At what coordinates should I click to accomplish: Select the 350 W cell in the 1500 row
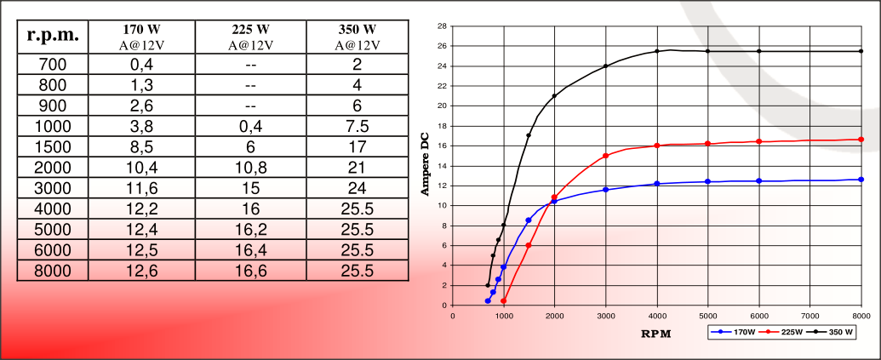coord(357,146)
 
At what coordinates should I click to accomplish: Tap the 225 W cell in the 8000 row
coord(249,271)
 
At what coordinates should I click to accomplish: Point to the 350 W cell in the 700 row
coord(357,64)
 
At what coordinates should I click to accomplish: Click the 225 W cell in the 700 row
coord(249,64)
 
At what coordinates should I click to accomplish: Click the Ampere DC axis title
coord(426,165)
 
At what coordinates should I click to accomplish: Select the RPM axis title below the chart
coord(655,334)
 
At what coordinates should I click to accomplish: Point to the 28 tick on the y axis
coord(442,26)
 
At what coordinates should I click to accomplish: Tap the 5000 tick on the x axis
coord(707,315)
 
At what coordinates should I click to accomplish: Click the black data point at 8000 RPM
coord(861,51)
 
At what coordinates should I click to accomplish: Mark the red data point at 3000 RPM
coord(605,156)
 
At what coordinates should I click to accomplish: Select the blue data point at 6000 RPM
coord(758,180)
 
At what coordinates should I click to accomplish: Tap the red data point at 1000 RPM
coord(503,300)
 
